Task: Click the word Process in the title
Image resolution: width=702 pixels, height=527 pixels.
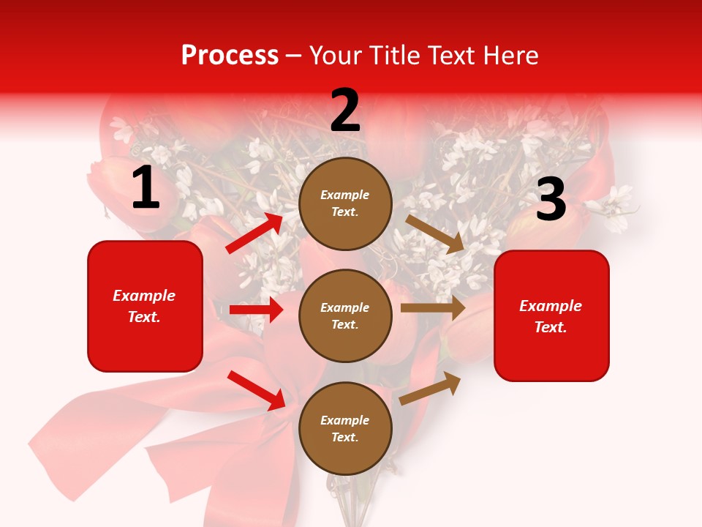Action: pyautogui.click(x=230, y=56)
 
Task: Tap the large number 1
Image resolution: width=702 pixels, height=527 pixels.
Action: pyautogui.click(x=146, y=189)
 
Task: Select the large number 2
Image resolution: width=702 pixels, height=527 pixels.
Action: pyautogui.click(x=345, y=111)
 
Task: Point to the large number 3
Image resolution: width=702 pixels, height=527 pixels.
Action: pyautogui.click(x=551, y=200)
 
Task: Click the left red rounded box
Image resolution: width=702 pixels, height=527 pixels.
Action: pyautogui.click(x=145, y=306)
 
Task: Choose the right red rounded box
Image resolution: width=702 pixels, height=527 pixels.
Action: pyautogui.click(x=551, y=316)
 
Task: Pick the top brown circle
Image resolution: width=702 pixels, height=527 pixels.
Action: pyautogui.click(x=345, y=203)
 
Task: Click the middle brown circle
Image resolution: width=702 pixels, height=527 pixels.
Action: pyautogui.click(x=345, y=316)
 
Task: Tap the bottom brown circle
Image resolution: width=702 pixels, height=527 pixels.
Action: pyautogui.click(x=345, y=429)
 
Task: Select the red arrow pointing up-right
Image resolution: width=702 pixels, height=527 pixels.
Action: pyautogui.click(x=254, y=233)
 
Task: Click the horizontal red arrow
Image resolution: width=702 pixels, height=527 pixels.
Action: pyautogui.click(x=256, y=310)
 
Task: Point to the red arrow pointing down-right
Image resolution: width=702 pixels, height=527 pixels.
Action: pyautogui.click(x=257, y=390)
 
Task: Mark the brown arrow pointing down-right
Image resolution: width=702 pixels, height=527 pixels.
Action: pyautogui.click(x=435, y=233)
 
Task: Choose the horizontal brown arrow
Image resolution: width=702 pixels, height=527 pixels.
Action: pyautogui.click(x=433, y=308)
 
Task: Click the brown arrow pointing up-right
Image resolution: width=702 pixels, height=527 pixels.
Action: pyautogui.click(x=431, y=388)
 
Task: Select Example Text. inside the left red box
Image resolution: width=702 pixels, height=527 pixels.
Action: pyautogui.click(x=145, y=306)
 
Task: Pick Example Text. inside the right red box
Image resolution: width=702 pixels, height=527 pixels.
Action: pyautogui.click(x=551, y=316)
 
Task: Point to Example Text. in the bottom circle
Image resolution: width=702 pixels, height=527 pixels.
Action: pyautogui.click(x=345, y=429)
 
